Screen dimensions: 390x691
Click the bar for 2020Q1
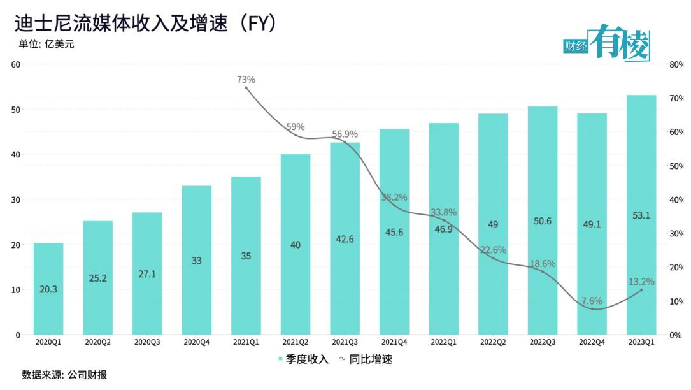(x=48, y=288)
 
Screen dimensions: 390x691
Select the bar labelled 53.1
(x=641, y=215)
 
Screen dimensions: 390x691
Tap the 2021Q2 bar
(x=296, y=244)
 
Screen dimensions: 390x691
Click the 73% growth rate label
(x=246, y=80)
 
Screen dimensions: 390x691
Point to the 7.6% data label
(x=592, y=301)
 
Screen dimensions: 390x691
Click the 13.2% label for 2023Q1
(x=641, y=281)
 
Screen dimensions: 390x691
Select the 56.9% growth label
(x=345, y=134)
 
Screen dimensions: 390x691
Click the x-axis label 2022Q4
(x=592, y=342)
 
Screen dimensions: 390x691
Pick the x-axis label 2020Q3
(x=147, y=342)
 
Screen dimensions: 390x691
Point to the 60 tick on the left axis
(x=16, y=64)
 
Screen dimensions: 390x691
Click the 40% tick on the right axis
(x=676, y=199)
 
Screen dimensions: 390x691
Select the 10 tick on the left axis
(x=16, y=290)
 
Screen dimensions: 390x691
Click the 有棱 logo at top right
(x=618, y=43)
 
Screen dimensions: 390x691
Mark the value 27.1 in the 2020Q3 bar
(x=147, y=274)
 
